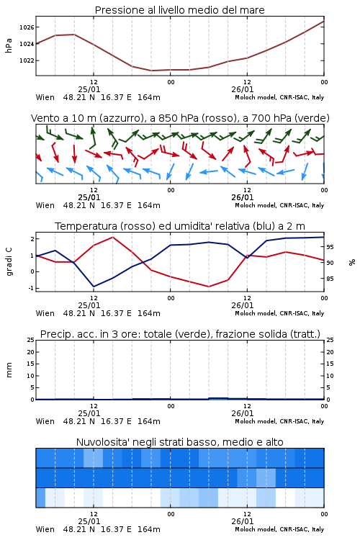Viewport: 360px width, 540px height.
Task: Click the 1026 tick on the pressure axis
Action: pyautogui.click(x=27, y=27)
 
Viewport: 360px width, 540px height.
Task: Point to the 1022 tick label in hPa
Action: pyautogui.click(x=27, y=60)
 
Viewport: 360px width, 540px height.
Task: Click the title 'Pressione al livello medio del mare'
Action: pyautogui.click(x=179, y=10)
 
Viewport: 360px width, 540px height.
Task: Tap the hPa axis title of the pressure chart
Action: pyautogui.click(x=9, y=45)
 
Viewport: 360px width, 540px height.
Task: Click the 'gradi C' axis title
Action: pyautogui.click(x=9, y=261)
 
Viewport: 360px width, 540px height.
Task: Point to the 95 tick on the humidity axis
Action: pyautogui.click(x=330, y=247)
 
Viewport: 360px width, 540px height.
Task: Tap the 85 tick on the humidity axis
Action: pyautogui.click(x=330, y=279)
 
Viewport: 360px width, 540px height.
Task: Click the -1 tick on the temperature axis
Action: pyautogui.click(x=31, y=288)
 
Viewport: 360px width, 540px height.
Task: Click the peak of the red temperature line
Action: pyautogui.click(x=112, y=237)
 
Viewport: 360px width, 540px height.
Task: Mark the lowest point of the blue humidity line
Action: pyautogui.click(x=94, y=287)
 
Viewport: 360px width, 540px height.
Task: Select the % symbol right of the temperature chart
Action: pyautogui.click(x=352, y=262)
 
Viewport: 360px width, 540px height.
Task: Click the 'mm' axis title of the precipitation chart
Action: pyautogui.click(x=9, y=370)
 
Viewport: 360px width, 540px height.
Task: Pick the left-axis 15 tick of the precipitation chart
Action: pyautogui.click(x=31, y=364)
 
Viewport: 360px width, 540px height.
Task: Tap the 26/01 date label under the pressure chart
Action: pyautogui.click(x=242, y=89)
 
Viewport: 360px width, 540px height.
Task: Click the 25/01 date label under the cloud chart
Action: pyautogui.click(x=89, y=521)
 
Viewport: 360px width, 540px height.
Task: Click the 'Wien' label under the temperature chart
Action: pyautogui.click(x=45, y=313)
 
